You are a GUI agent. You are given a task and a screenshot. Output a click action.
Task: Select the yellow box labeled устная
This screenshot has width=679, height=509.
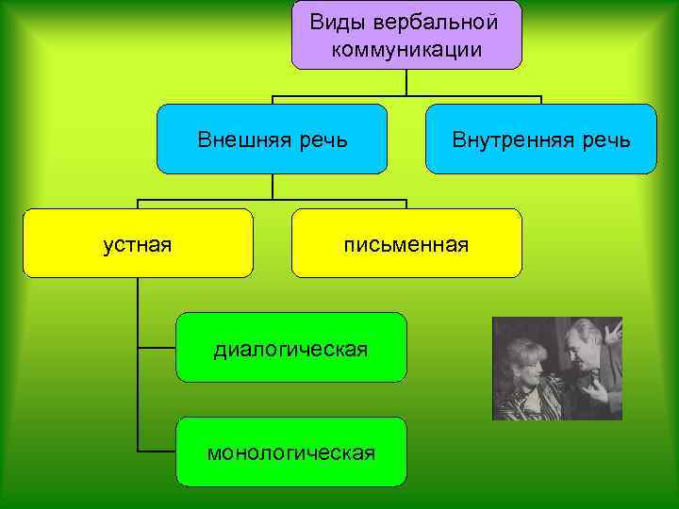138,243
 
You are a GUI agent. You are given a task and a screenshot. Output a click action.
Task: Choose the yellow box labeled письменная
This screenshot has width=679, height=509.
406,243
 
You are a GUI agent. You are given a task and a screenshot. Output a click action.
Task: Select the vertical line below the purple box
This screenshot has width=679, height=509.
406,83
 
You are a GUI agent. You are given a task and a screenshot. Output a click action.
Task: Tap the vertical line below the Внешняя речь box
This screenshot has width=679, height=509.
273,187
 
